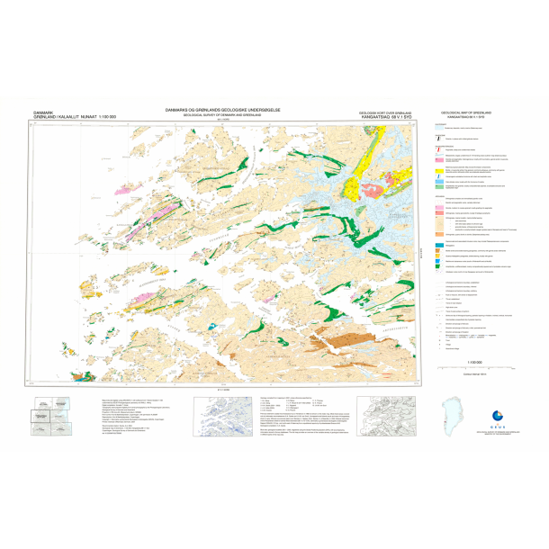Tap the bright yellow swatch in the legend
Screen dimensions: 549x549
coord(438,167)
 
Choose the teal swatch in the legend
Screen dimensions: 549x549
coord(438,243)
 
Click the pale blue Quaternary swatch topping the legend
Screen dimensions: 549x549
coord(438,128)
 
